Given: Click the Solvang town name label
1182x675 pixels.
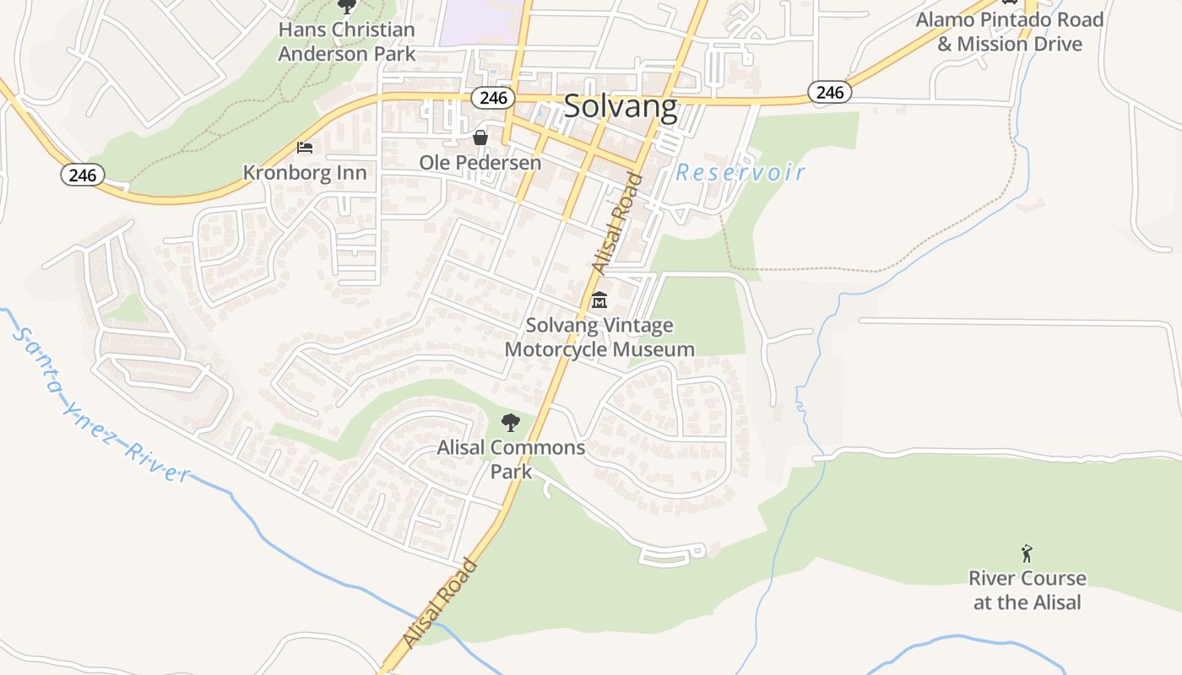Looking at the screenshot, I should point(620,107).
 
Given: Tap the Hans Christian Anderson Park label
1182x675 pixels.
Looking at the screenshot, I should point(347,41).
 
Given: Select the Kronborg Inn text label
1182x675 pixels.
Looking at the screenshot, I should point(305,173).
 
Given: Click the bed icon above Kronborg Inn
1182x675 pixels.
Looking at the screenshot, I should point(305,148).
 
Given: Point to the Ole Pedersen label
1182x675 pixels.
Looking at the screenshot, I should point(480,162).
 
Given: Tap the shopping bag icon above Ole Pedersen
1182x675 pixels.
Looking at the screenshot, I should point(480,137).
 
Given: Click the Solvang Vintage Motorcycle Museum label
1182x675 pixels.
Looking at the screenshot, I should point(599,337).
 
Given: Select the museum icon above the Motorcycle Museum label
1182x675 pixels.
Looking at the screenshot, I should point(599,300).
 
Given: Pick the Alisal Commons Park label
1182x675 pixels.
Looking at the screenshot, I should point(511,458).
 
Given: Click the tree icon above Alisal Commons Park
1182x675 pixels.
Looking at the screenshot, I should point(510,423).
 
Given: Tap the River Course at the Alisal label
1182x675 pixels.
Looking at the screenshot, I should point(1027,590).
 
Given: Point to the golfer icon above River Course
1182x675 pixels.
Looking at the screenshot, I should point(1027,553).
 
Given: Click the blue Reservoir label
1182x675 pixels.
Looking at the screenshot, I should point(740,173).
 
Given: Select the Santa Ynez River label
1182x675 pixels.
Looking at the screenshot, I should point(101,405).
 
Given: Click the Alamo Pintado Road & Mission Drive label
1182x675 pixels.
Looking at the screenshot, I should point(1009,31).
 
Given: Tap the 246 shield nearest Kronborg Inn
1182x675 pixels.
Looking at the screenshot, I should point(82,175).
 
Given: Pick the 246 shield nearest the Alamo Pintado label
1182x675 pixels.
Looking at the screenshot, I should point(829,92).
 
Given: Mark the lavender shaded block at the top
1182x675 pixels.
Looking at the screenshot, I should point(479,22).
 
